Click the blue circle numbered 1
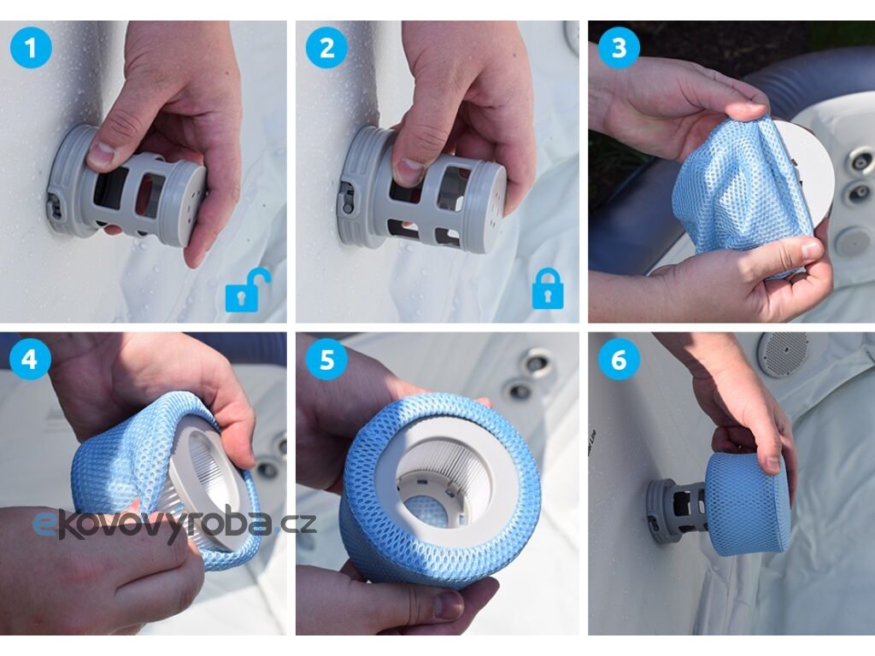(x=31, y=48)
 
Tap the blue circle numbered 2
(x=327, y=48)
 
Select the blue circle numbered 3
(x=620, y=48)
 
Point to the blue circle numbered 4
(x=30, y=359)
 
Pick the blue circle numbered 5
(x=327, y=359)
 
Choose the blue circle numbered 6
(x=620, y=359)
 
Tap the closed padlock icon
(x=548, y=289)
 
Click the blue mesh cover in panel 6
(x=748, y=504)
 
